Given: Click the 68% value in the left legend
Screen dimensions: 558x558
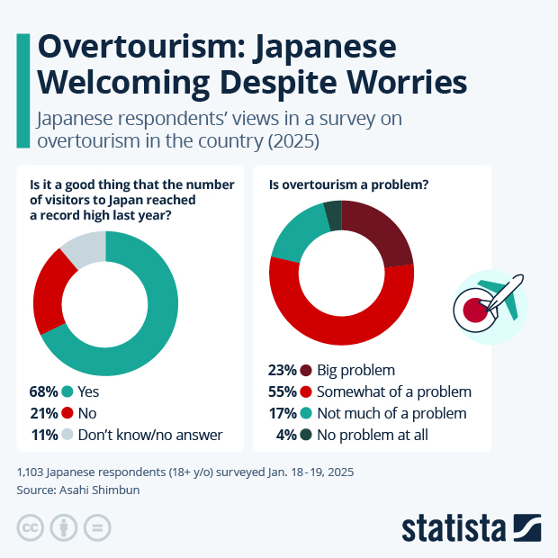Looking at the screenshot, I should click(44, 391).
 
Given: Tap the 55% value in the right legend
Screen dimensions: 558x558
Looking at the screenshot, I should click(283, 392).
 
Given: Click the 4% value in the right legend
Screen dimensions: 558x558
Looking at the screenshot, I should click(289, 436).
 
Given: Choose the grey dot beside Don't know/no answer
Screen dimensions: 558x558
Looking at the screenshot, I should click(67, 435).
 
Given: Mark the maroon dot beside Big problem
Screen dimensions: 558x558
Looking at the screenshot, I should click(307, 371).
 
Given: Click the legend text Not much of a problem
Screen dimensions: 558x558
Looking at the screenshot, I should click(392, 414).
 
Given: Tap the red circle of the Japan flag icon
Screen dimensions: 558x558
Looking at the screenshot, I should click(474, 311).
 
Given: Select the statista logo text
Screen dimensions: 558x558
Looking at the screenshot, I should click(454, 526).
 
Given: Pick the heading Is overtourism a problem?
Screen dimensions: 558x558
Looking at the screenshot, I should click(349, 185).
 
